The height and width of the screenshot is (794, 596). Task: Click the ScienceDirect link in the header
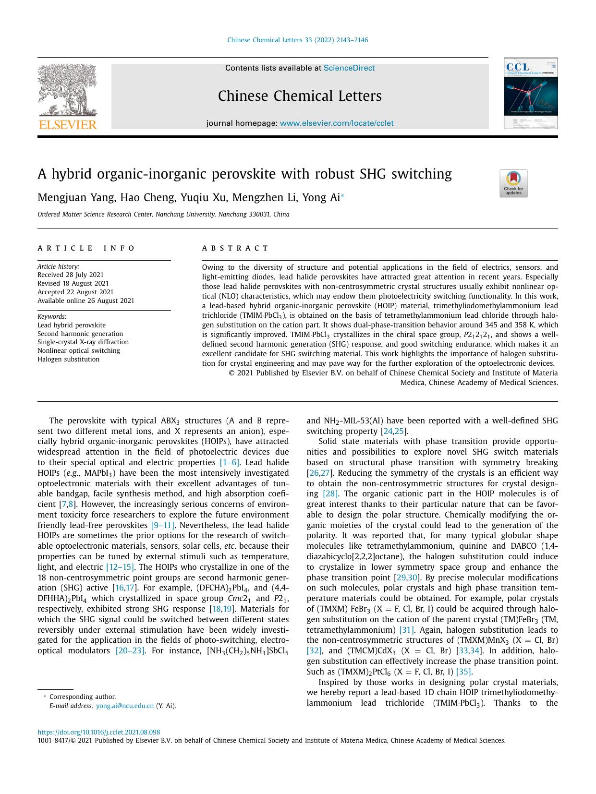349,68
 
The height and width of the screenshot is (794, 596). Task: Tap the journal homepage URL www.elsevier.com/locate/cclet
336,123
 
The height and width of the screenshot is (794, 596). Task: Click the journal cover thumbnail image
530,94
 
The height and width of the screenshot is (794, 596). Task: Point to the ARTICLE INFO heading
87,248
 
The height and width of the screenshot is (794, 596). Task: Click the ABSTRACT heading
235,248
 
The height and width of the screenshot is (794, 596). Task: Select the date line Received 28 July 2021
70,275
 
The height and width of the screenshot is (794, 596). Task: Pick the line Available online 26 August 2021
85,301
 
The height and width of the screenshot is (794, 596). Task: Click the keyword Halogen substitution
68,359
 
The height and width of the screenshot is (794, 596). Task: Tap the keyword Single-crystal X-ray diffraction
83,342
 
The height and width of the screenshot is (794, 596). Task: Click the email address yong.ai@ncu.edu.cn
125,706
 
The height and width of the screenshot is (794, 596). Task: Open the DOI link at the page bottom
98,733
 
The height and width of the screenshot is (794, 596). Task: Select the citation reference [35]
464,672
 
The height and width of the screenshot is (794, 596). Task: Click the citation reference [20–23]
130,650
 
